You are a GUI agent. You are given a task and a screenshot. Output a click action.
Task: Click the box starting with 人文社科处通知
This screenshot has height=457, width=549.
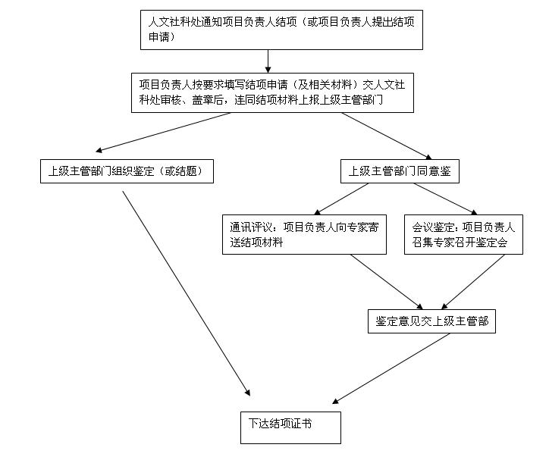(281, 30)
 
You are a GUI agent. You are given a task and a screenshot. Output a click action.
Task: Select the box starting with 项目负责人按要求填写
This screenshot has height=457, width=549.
(272, 92)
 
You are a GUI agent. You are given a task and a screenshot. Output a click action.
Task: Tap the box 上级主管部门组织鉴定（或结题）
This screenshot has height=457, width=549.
(127, 171)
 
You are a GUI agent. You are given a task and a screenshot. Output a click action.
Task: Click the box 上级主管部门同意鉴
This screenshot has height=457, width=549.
(400, 171)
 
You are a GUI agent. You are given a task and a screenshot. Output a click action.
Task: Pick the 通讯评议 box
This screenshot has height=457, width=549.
(304, 234)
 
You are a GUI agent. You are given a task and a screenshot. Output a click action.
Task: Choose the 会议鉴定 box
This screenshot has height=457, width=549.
(463, 234)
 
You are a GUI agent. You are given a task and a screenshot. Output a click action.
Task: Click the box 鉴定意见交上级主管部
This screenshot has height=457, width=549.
(431, 321)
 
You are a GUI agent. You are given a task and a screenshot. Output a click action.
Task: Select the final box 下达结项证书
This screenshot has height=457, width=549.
(290, 427)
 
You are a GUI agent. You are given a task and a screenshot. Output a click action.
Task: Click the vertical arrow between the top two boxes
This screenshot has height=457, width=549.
(268, 61)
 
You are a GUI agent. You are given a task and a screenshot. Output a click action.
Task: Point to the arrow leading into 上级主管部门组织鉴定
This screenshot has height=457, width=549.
(163, 133)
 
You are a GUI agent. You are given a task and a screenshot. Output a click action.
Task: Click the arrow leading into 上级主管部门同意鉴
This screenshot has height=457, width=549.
(387, 136)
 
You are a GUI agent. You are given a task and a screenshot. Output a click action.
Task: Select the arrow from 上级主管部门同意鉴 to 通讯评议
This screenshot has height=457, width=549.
(341, 199)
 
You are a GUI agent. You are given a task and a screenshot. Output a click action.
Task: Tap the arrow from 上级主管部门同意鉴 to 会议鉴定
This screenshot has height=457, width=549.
(446, 199)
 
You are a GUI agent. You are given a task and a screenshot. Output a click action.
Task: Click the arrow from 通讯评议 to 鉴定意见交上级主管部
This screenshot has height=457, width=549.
(387, 282)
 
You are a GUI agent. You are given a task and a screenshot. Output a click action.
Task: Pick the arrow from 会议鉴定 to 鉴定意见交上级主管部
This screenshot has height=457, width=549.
(473, 282)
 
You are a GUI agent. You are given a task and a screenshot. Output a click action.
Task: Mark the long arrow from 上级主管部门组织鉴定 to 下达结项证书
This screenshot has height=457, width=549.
(187, 293)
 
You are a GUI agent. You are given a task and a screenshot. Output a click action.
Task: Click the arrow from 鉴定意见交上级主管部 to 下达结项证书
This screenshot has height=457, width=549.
(391, 368)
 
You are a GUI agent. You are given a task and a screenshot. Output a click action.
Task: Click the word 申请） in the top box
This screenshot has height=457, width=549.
(162, 36)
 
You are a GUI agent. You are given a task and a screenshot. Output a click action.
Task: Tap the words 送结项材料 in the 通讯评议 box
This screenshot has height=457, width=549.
(256, 243)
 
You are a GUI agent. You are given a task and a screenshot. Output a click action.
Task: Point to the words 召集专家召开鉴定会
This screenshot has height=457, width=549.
(460, 243)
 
